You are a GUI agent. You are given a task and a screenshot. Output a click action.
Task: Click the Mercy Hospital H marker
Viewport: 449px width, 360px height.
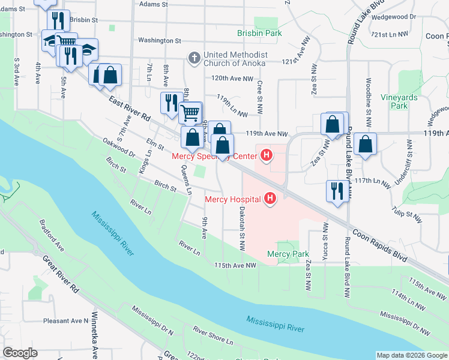click(270, 199)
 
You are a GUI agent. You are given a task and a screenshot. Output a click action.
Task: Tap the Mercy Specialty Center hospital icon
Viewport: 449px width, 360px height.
click(266, 157)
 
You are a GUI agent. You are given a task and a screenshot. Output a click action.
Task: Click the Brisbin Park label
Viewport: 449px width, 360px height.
click(259, 34)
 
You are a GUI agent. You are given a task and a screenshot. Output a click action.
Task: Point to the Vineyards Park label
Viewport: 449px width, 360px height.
click(394, 101)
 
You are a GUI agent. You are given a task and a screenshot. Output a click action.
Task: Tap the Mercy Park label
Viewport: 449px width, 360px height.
click(288, 254)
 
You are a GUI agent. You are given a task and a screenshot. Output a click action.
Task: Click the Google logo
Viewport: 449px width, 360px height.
click(20, 353)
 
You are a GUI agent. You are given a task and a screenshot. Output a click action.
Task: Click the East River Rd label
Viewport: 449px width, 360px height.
click(130, 110)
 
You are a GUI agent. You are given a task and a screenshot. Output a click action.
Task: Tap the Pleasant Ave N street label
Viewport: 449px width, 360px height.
click(65, 321)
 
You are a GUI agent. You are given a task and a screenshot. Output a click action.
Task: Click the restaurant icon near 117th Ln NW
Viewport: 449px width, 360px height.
click(336, 191)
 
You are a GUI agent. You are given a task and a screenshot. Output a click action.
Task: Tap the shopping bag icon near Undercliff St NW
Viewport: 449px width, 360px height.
click(365, 144)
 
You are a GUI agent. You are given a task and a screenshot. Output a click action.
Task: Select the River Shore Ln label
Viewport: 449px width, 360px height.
click(212, 335)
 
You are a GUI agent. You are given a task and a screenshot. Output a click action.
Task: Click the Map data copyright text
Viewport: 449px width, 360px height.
click(412, 355)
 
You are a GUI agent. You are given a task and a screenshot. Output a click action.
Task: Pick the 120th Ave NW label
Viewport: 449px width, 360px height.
click(232, 79)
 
